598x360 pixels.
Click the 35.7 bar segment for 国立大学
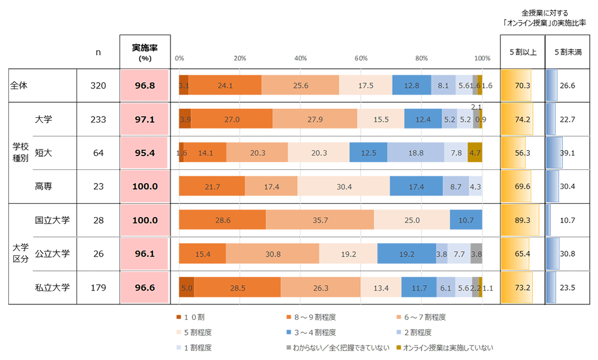click(320, 220)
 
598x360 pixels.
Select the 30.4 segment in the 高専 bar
click(343, 187)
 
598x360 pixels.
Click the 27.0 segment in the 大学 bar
click(231, 119)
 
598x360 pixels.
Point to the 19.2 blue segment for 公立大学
click(407, 254)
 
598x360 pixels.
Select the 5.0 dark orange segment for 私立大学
click(187, 288)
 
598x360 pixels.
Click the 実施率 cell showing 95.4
click(145, 152)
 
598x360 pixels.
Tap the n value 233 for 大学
click(98, 119)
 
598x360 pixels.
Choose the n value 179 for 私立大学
click(98, 288)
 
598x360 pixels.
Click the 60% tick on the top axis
click(361, 58)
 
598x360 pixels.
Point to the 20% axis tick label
click(240, 58)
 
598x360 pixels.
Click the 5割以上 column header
click(522, 51)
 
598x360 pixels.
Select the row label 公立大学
click(53, 254)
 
